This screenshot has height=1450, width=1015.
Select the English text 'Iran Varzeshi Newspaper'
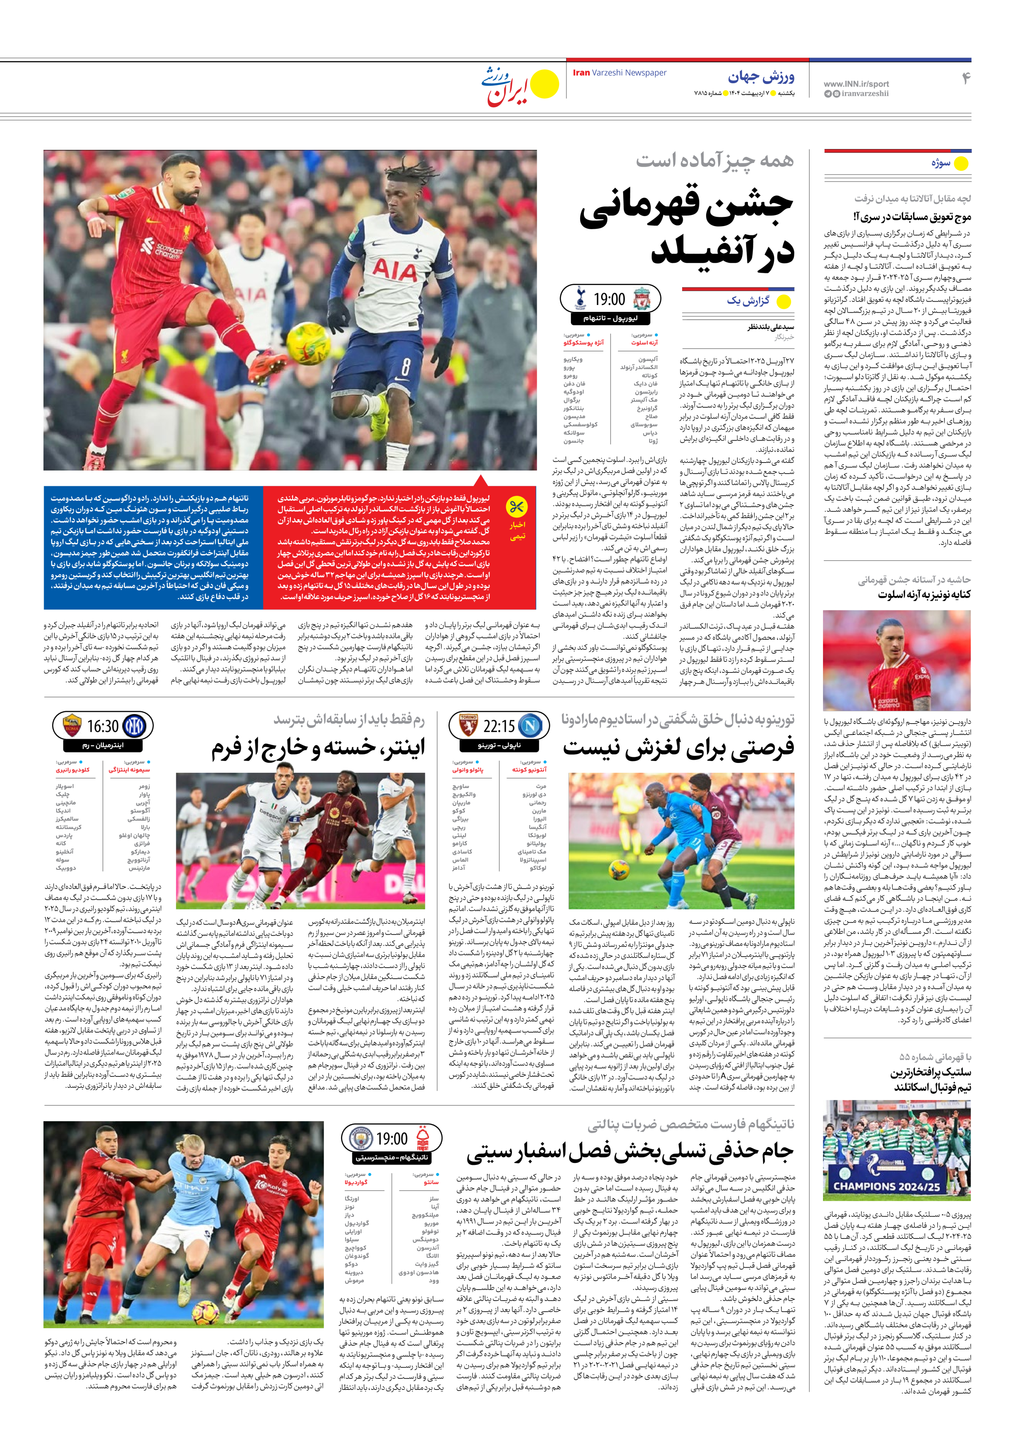coord(619,73)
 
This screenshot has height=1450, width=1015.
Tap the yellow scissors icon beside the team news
coord(517,507)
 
